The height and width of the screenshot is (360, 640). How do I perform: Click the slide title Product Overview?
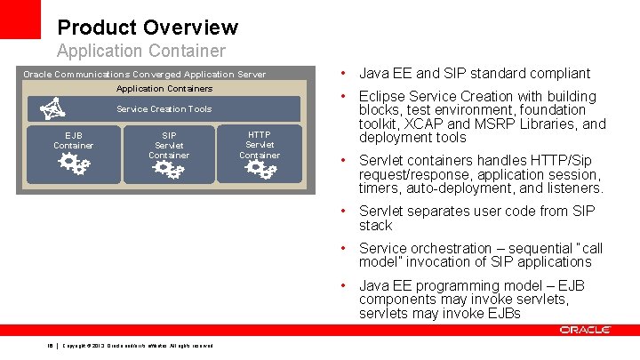coord(148,28)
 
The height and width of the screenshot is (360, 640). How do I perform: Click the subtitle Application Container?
coord(141,52)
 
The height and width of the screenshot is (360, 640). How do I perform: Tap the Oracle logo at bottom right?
coord(585,330)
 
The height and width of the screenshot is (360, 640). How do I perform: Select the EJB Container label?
coord(73,140)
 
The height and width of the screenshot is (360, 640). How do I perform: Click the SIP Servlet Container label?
coord(169,145)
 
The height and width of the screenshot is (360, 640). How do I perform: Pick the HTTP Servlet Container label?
coord(260,145)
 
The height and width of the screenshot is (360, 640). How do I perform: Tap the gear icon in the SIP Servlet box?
coord(169,168)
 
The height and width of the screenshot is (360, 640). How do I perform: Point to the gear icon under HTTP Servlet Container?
coord(260,168)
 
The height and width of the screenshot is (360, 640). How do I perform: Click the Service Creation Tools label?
coord(164,108)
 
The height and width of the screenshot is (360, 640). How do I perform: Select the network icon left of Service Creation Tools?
coord(53,108)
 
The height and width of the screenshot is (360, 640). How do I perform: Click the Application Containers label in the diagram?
coord(164,88)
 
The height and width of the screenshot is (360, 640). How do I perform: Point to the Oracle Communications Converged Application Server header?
coord(144,74)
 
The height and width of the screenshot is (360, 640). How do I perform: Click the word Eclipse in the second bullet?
coord(382,96)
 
